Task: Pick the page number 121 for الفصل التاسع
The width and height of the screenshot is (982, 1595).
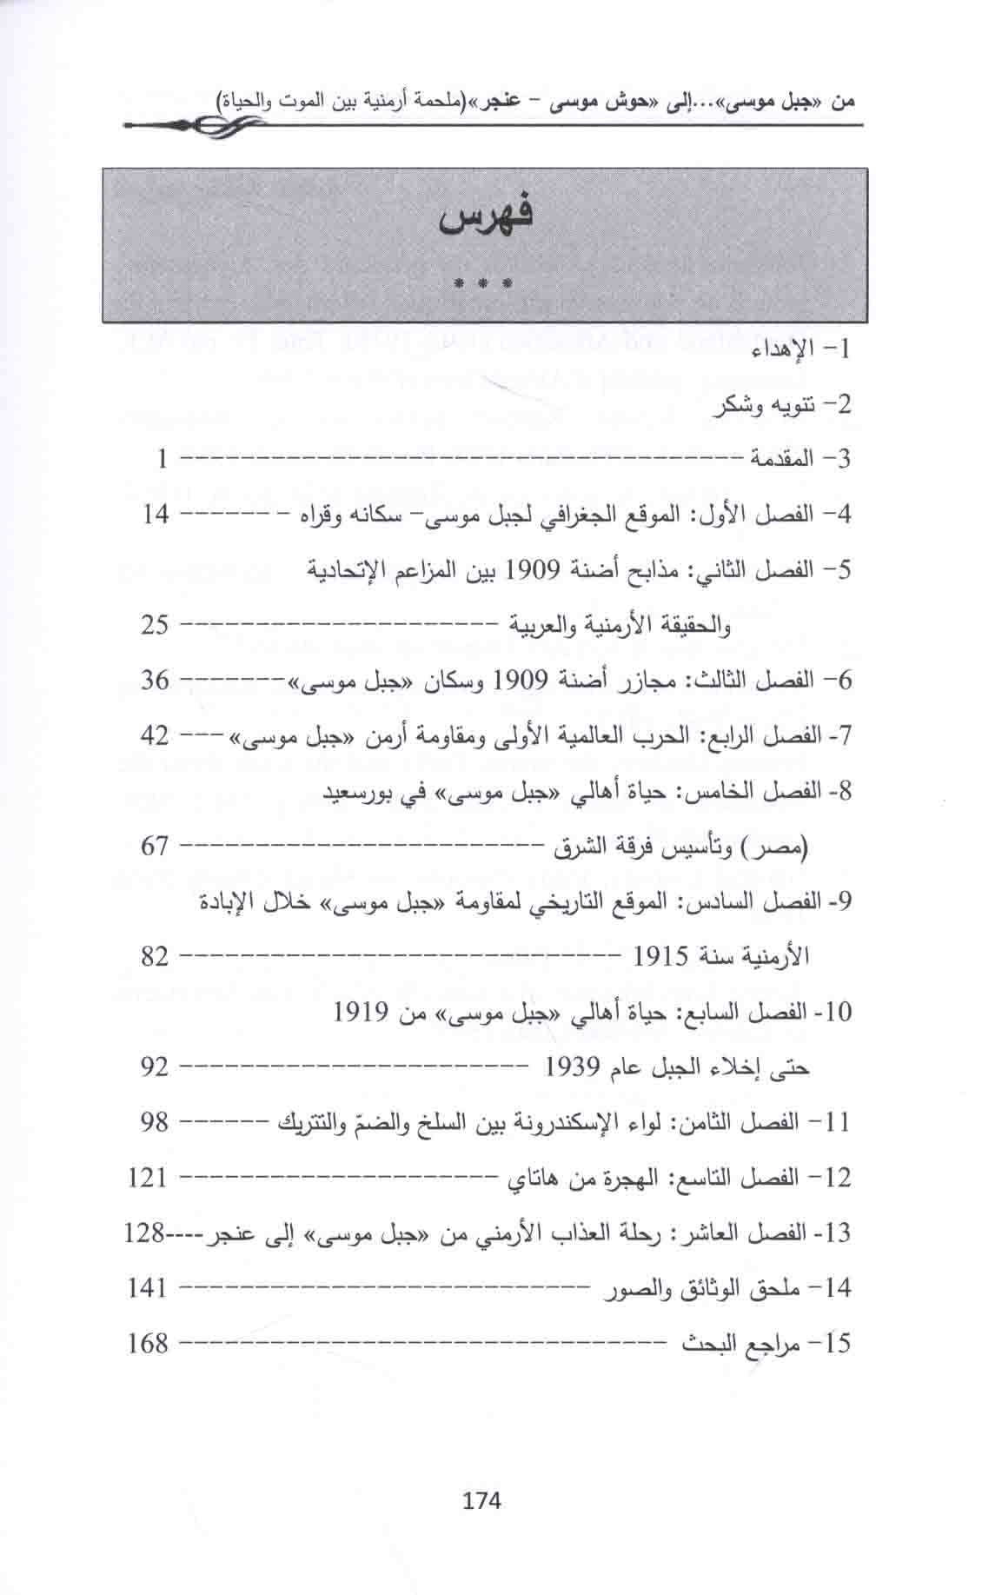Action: tap(147, 1177)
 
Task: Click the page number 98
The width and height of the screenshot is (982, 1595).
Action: tap(153, 1121)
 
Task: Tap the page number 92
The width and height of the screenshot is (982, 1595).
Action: tap(155, 1066)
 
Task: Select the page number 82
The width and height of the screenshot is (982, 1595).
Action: tap(155, 956)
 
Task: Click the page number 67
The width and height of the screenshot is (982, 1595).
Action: tap(155, 845)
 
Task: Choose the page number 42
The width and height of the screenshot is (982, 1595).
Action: tap(155, 735)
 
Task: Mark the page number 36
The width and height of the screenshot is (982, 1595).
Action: tap(155, 680)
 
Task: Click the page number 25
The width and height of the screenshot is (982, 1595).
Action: tap(155, 624)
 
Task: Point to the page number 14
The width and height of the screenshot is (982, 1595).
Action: tap(155, 513)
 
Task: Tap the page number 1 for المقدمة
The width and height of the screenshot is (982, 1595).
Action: tap(162, 458)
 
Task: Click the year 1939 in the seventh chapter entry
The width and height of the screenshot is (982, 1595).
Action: tap(574, 1067)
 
